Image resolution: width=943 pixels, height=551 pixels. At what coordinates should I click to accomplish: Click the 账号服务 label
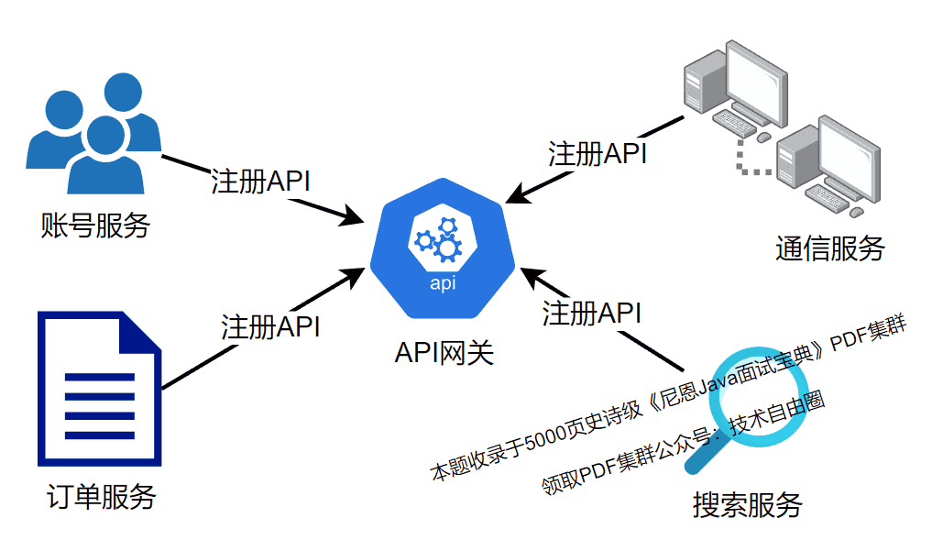(94, 226)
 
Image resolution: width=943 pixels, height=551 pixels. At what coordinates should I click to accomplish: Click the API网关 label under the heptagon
(444, 352)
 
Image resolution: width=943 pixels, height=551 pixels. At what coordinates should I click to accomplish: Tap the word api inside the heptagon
(444, 283)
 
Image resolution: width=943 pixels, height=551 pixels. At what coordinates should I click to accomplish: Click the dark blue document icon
(99, 391)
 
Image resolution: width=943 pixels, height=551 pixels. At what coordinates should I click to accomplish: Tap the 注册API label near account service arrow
(260, 181)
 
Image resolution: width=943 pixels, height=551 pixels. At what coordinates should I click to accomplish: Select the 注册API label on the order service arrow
(270, 325)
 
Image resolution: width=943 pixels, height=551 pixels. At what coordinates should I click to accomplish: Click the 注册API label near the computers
(598, 153)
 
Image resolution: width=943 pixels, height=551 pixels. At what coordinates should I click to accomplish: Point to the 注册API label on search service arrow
(591, 313)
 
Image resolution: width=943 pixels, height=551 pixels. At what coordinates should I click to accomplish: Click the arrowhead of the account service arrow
(358, 217)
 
